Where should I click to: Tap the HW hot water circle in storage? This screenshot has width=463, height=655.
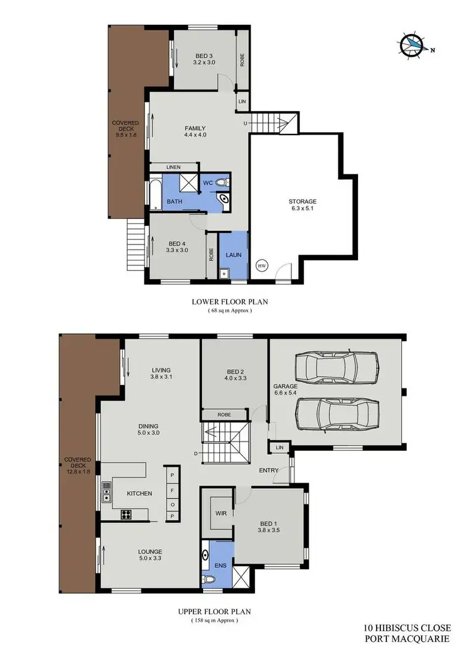[x=262, y=265]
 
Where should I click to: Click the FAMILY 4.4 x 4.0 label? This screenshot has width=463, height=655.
[x=195, y=131]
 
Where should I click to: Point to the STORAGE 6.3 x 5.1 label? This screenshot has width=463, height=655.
[x=302, y=205]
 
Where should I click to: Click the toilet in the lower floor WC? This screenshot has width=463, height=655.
[x=224, y=182]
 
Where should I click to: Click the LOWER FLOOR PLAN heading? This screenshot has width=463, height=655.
[x=230, y=302]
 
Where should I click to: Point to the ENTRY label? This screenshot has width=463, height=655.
[x=269, y=470]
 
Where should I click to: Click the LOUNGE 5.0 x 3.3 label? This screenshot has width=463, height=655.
[x=150, y=555]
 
